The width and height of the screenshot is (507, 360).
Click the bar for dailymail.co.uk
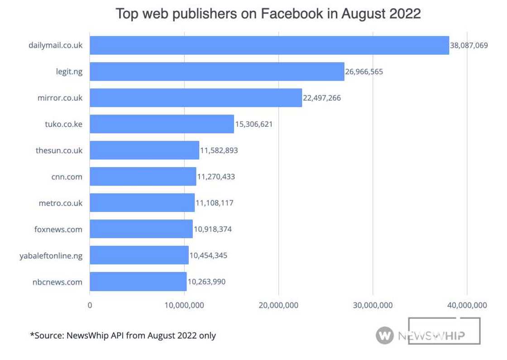pyautogui.click(x=269, y=45)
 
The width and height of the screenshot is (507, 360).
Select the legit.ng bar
pyautogui.click(x=217, y=72)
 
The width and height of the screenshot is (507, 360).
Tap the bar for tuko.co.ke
pyautogui.click(x=162, y=124)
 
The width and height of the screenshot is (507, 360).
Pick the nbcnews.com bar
pyautogui.click(x=138, y=282)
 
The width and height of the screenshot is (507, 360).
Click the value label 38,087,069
pyautogui.click(x=469, y=45)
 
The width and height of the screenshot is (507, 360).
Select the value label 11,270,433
pyautogui.click(x=215, y=177)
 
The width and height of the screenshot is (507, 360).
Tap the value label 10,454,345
pyautogui.click(x=208, y=255)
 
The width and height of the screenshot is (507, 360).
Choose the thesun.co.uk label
pyautogui.click(x=59, y=150)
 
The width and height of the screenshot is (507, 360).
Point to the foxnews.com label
pyautogui.click(x=58, y=229)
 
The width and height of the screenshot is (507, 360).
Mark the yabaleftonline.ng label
pyautogui.click(x=51, y=255)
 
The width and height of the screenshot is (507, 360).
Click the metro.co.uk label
pyautogui.click(x=61, y=203)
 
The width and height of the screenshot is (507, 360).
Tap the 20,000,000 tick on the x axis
pyautogui.click(x=278, y=306)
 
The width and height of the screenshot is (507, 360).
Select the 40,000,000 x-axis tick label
pyautogui.click(x=467, y=306)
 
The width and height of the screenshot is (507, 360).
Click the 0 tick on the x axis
pyautogui.click(x=90, y=306)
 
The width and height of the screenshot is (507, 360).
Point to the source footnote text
pyautogui.click(x=123, y=336)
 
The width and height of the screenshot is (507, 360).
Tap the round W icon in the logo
pyautogui.click(x=384, y=336)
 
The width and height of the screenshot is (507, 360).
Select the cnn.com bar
pyautogui.click(x=143, y=177)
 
